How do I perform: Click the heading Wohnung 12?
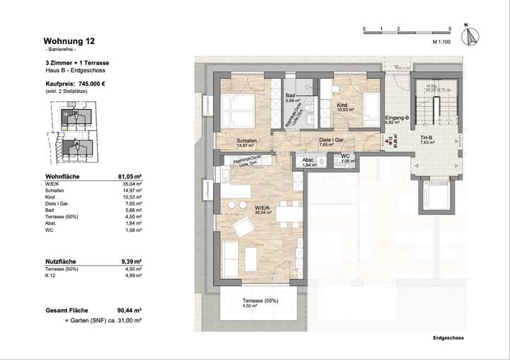tap(69, 42)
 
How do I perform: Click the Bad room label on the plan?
tap(290, 95)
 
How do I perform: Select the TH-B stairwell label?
tap(426, 137)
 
